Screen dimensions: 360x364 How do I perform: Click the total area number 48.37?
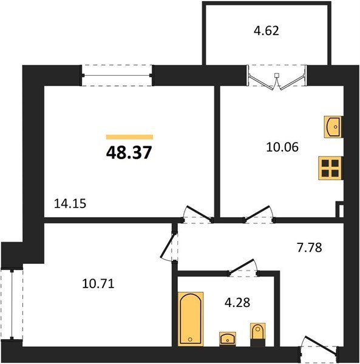129,152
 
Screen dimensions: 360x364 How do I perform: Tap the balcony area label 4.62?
266,31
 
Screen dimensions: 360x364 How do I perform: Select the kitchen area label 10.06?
282,147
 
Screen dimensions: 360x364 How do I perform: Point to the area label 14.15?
70,204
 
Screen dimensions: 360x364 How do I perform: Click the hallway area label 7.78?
310,248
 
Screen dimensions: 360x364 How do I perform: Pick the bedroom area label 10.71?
98,284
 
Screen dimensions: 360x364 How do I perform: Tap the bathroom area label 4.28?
237,303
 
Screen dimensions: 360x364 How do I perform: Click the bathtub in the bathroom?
191,319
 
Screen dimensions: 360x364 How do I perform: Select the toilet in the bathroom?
258,334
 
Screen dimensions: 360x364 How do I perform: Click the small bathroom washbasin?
228,339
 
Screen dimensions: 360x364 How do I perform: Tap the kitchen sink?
333,127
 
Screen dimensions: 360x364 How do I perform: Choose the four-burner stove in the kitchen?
330,168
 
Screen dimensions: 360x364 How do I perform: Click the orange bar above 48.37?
129,137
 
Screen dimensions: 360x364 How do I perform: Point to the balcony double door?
276,80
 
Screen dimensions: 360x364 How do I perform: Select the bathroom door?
243,267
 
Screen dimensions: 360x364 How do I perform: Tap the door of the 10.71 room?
168,246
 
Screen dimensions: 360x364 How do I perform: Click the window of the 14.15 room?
117,75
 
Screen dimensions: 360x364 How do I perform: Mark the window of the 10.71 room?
12,304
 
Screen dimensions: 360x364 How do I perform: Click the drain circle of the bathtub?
190,339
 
